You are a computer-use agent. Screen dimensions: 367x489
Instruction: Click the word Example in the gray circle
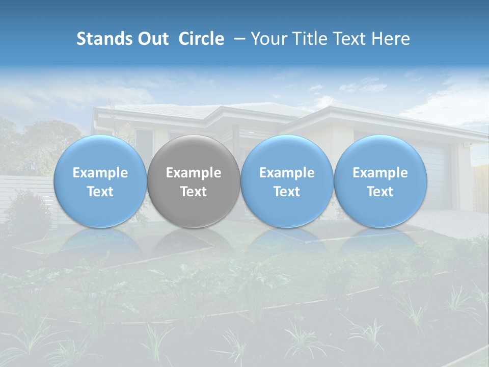(194, 173)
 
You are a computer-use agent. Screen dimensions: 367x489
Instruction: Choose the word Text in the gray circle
(194, 192)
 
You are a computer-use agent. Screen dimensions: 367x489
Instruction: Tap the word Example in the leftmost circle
(100, 173)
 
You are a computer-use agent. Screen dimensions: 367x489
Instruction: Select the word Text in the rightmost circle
(381, 192)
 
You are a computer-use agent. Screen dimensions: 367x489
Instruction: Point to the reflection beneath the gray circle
(194, 245)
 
